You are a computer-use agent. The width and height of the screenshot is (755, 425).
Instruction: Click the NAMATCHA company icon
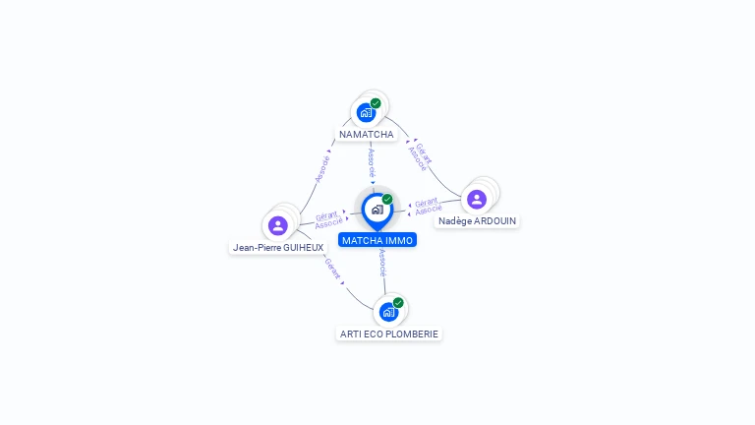367,112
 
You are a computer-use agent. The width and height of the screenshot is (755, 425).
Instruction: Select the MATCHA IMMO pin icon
377,210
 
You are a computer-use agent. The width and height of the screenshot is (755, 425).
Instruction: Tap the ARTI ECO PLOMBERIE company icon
388,312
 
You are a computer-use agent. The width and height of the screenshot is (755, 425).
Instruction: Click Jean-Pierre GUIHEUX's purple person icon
278,225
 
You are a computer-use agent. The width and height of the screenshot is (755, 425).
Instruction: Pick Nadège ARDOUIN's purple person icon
477,200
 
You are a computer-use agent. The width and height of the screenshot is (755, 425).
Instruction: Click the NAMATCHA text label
367,134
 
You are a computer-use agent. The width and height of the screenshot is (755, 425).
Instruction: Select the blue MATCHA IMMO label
377,240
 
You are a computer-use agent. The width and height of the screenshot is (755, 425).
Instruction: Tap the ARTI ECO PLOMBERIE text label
389,334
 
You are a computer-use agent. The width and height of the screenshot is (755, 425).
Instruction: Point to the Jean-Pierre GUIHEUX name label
278,248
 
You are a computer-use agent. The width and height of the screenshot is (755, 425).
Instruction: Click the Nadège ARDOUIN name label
478,221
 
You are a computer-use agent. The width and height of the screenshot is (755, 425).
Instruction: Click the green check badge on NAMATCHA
376,103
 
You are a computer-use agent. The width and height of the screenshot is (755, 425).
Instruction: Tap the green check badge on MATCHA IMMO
387,199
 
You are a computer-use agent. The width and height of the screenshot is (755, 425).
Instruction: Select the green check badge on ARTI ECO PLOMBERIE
398,303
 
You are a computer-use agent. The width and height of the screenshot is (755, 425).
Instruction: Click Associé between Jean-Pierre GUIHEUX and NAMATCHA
322,168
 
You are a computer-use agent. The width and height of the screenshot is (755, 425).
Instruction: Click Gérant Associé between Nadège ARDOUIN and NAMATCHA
420,154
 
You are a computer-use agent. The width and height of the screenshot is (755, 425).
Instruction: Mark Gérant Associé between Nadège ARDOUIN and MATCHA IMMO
427,206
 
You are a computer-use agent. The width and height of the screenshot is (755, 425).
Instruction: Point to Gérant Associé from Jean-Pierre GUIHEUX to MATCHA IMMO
327,219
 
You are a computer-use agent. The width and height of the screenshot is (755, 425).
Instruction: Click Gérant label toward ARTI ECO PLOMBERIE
332,269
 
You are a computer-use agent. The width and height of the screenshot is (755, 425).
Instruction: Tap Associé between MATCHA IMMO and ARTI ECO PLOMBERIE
382,262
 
